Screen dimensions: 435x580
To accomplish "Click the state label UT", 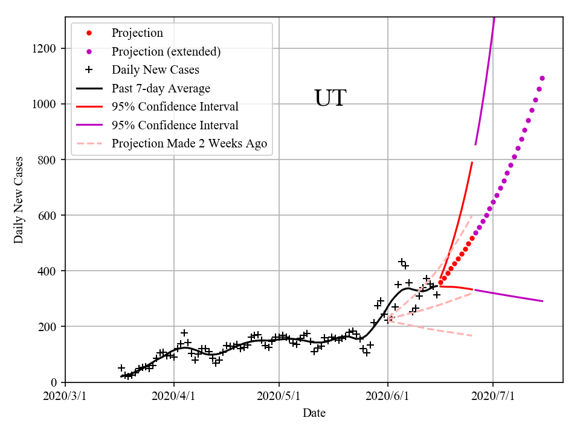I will [x=330, y=98].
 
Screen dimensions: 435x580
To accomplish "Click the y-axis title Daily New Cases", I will [x=19, y=200].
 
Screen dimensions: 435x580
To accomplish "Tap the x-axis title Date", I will [x=314, y=413].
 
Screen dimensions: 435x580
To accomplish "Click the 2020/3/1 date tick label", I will [x=65, y=396].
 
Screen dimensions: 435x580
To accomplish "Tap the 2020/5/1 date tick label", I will [x=279, y=396].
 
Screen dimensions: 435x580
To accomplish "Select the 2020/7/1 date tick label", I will [x=492, y=396].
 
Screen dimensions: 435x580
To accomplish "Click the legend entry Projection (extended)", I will [x=166, y=51].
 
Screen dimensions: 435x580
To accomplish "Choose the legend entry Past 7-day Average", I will [x=161, y=88].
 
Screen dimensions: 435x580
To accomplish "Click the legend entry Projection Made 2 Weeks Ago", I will [x=189, y=144].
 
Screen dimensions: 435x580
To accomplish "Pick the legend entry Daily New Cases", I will [x=155, y=70].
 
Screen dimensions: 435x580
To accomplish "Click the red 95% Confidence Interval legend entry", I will [x=175, y=107].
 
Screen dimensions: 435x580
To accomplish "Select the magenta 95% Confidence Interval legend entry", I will [x=175, y=125].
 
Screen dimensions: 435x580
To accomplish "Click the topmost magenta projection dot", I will [x=542, y=78].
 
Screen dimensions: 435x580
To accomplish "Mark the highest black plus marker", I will [x=402, y=262].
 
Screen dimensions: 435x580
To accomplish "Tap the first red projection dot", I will [x=440, y=282].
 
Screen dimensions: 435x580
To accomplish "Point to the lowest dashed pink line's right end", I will [x=472, y=335].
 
